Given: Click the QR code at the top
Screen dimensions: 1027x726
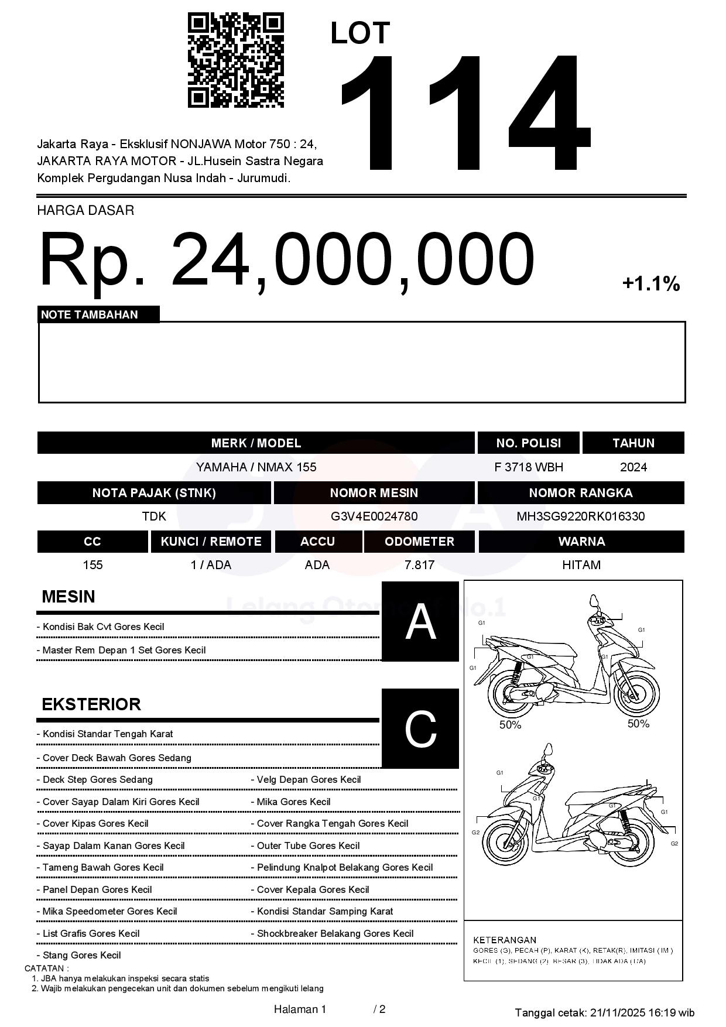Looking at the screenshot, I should point(235,60).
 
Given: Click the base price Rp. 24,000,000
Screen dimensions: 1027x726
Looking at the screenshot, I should point(287,259).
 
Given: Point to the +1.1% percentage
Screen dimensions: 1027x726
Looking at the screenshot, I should point(650,285).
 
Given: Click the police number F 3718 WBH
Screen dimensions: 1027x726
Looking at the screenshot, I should point(529,467).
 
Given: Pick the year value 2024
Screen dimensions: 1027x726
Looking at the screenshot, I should point(633,467).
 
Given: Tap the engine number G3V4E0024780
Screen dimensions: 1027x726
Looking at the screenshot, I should point(374,516).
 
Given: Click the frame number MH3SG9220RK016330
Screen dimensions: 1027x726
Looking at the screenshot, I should point(580,516).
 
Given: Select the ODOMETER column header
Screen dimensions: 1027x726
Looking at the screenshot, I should point(419,542).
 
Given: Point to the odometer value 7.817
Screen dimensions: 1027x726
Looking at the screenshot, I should point(419,565).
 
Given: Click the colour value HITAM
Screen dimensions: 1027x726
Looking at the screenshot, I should point(581,565).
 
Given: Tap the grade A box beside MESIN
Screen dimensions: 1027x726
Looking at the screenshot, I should point(420,621).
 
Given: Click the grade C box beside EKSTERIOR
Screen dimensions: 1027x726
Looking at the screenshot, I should point(420,728).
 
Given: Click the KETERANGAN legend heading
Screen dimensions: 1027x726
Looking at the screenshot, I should point(505,940).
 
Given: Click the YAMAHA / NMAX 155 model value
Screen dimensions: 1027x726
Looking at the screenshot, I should point(256,467).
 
